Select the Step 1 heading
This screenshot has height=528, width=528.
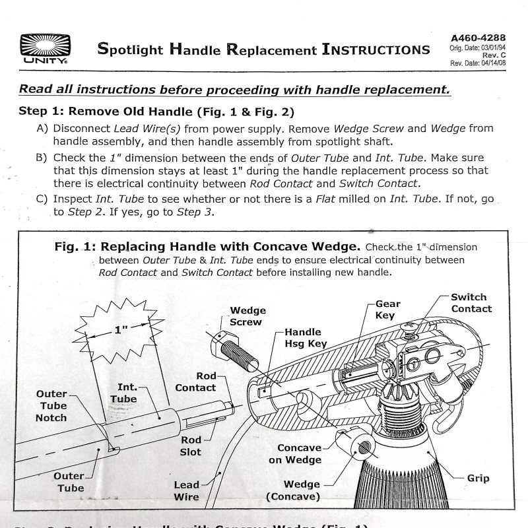156,112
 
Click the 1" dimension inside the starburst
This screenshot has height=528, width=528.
120,329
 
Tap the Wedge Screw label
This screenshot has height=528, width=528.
247,316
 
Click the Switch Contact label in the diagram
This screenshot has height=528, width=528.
470,303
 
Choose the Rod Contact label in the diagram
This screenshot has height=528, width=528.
195,382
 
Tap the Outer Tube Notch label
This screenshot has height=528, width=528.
51,406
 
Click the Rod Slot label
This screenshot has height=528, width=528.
191,446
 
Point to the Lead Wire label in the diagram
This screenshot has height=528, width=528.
186,491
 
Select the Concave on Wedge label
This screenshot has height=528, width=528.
295,453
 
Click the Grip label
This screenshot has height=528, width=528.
478,478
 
